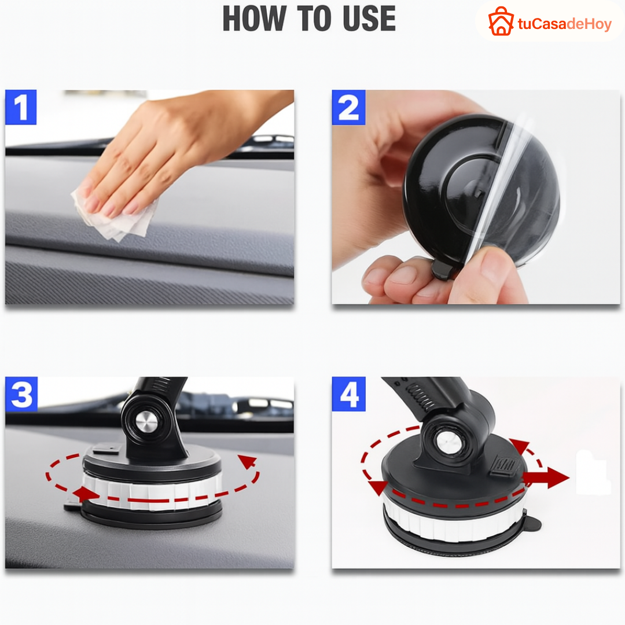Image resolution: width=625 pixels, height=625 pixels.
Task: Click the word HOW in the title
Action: (x=254, y=19)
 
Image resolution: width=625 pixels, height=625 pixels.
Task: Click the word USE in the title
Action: (x=369, y=19)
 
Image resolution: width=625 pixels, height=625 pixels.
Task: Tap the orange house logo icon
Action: (x=501, y=21)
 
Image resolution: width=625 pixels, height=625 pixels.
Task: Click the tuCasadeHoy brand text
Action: (x=564, y=24)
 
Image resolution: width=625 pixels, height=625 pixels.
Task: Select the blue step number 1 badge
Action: (x=21, y=107)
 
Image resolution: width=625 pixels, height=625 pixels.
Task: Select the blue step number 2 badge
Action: (x=348, y=107)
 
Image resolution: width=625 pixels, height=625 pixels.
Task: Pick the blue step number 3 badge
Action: (x=21, y=394)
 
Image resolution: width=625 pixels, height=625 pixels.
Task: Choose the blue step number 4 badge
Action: (x=349, y=394)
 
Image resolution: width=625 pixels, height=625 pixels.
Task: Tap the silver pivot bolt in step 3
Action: (x=148, y=422)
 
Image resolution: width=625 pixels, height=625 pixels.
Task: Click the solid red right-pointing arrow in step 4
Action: (x=546, y=477)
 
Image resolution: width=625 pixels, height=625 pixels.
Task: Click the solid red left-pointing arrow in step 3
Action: (x=86, y=494)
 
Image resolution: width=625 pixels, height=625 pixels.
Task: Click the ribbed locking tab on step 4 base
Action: (x=504, y=465)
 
